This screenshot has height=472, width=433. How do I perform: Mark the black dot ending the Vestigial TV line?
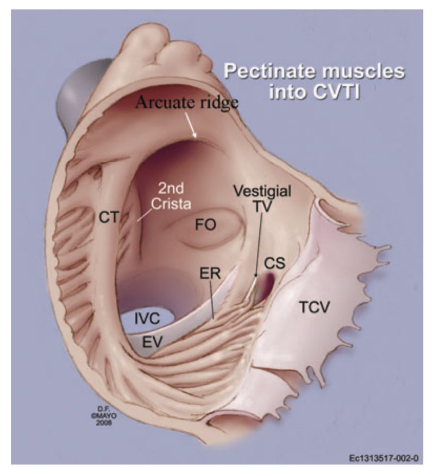pyautogui.click(x=255, y=276)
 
